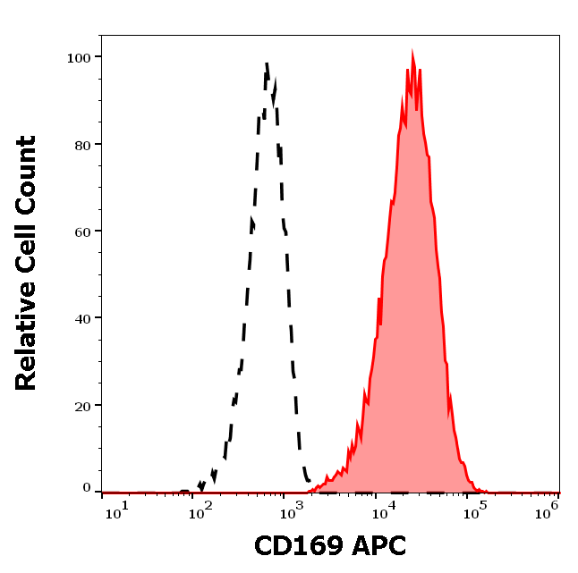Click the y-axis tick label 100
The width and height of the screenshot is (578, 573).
78,57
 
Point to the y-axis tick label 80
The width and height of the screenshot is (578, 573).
81,144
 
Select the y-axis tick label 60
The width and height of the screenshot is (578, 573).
81,232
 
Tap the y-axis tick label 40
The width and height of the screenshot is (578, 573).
81,318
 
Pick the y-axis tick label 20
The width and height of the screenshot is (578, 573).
81,406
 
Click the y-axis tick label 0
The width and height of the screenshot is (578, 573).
86,489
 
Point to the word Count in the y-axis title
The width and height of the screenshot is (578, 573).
27,175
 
